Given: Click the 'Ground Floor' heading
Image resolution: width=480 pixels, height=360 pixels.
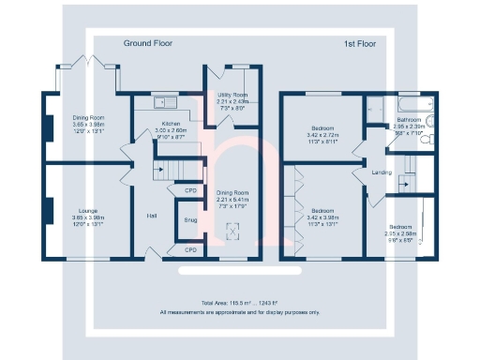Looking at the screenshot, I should [x=148, y=43].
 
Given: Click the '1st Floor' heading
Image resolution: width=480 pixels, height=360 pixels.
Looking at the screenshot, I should [x=360, y=43].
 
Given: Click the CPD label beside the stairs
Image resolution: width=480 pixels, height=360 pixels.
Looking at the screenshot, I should [x=191, y=191].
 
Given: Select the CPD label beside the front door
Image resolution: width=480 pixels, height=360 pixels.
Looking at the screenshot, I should [x=191, y=249].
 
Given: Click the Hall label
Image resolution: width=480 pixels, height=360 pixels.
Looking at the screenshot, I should [x=151, y=216].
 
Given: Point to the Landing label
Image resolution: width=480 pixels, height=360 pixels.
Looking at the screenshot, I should [x=382, y=172].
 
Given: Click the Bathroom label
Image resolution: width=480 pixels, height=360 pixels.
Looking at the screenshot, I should [x=409, y=120].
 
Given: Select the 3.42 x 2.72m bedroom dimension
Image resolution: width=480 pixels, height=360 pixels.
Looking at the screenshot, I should [x=323, y=136].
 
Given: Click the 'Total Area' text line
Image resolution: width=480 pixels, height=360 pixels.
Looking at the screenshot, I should [x=239, y=303].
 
